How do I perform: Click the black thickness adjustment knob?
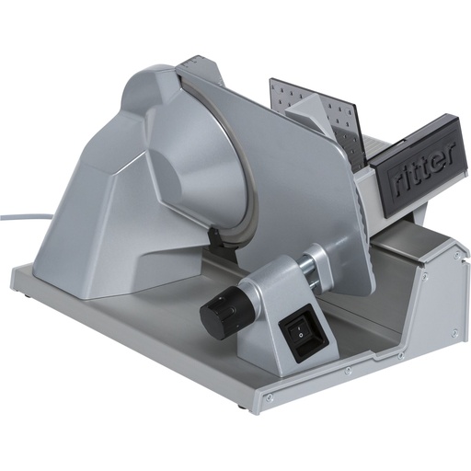220,309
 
